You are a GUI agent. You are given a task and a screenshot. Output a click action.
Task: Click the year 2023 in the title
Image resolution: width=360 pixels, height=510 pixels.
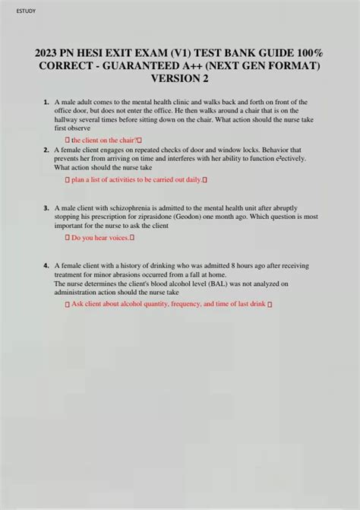pyautogui.click(x=49, y=54)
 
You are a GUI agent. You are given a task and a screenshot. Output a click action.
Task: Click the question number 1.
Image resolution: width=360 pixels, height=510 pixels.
pyautogui.click(x=46, y=102)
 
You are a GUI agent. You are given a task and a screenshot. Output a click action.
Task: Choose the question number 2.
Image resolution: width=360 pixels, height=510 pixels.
pyautogui.click(x=46, y=150)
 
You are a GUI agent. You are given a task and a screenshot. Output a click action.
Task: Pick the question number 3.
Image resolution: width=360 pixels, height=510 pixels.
pyautogui.click(x=46, y=207)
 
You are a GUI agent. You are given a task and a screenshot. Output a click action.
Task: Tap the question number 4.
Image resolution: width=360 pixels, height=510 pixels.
pyautogui.click(x=46, y=265)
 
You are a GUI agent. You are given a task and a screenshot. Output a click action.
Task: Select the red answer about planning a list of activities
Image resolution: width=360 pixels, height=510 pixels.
pyautogui.click(x=136, y=180)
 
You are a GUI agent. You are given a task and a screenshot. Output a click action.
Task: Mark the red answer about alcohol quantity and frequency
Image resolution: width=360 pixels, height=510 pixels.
pyautogui.click(x=169, y=304)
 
